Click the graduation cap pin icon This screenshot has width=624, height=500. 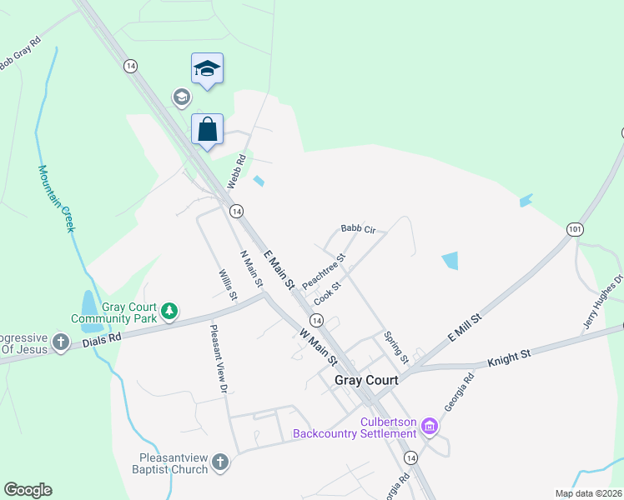[x=207, y=69]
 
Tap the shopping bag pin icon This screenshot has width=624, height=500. [x=207, y=130]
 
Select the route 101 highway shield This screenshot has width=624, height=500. [x=574, y=228]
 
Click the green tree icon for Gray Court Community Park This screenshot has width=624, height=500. [x=169, y=311]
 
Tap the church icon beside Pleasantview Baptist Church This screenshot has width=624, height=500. [x=219, y=462]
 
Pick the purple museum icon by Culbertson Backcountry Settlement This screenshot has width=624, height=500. [x=430, y=427]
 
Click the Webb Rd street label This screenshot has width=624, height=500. [x=237, y=170]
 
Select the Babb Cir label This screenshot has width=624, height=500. [x=359, y=228]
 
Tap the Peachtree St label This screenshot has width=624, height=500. [x=324, y=272]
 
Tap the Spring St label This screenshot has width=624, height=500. [x=395, y=347]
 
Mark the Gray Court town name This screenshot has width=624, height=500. [x=366, y=379]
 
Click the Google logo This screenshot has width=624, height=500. [x=28, y=490]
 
